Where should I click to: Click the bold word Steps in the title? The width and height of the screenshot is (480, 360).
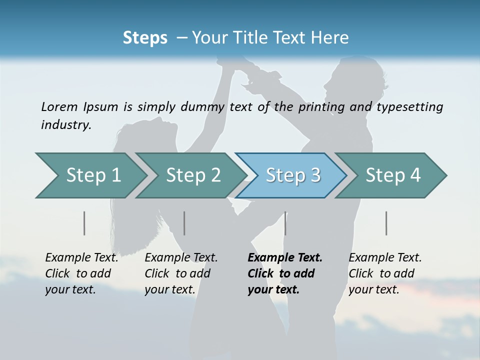(x=145, y=38)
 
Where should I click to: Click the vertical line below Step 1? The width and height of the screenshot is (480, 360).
(x=84, y=223)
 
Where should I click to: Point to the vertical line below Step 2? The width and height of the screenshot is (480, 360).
(x=184, y=223)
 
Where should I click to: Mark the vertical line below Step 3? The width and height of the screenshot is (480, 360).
(x=285, y=223)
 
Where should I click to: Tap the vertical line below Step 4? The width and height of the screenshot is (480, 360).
(x=386, y=223)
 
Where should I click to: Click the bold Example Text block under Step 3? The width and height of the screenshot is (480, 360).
(x=285, y=273)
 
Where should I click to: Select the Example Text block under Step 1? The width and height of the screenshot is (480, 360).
(x=81, y=273)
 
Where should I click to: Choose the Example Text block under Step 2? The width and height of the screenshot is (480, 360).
(x=181, y=273)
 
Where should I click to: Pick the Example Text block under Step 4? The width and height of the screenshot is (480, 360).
(x=385, y=273)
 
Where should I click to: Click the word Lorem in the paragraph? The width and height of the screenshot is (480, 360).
(x=59, y=106)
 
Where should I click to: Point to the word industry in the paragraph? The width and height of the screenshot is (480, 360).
(x=66, y=125)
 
